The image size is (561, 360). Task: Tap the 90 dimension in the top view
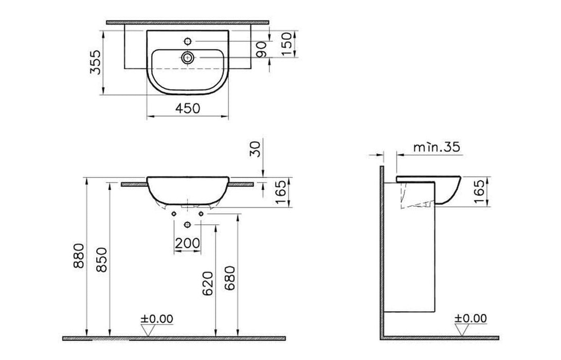click(261, 49)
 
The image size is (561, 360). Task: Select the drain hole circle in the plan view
click(187, 57)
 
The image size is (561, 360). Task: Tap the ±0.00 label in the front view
click(156, 318)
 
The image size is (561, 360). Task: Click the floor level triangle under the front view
click(148, 330)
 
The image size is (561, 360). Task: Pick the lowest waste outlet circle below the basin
click(187, 224)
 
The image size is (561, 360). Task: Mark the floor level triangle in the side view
click(461, 330)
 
